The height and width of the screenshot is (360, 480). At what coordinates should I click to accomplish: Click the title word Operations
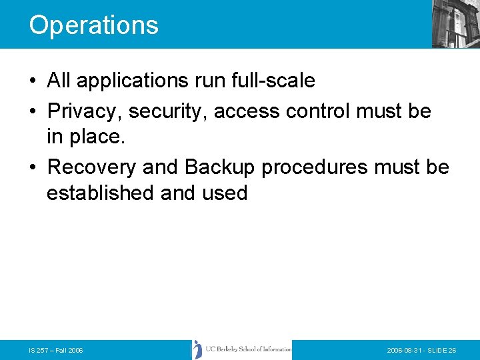tap(94, 25)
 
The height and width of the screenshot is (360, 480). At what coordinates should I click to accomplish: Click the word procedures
tap(313, 167)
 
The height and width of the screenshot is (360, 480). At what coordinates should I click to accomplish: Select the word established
tap(101, 193)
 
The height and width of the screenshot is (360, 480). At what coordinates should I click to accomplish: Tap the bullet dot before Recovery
tap(33, 167)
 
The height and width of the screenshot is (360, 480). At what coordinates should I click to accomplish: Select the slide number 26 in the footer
tap(452, 350)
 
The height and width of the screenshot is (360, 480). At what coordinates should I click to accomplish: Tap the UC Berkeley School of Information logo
tap(242, 349)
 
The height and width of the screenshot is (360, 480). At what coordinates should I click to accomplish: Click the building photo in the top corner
tap(455, 23)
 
